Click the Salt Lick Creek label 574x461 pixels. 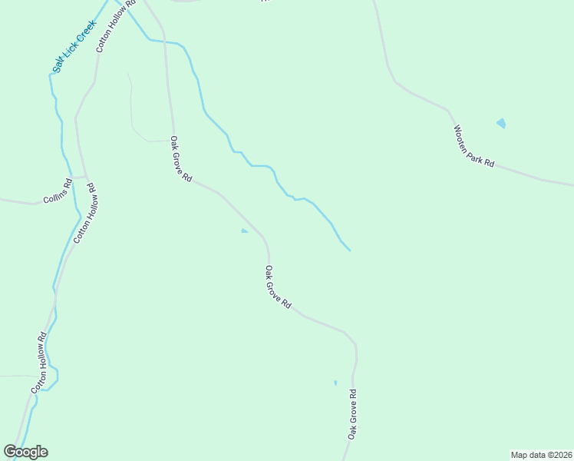point(74,47)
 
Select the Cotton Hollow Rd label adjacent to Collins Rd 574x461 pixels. point(84,213)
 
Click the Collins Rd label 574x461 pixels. point(58,190)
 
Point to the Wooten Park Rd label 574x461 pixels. point(473,147)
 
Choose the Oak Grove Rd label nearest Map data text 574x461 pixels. point(352,414)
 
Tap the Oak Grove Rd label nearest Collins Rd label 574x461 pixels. point(180,159)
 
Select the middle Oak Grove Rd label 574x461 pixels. point(278,287)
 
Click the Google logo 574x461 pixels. point(25,452)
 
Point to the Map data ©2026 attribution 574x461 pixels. point(541,455)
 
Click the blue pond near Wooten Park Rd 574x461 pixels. point(501,122)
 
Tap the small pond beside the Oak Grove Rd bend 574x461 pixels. point(244,230)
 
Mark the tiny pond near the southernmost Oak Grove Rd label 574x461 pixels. point(335,382)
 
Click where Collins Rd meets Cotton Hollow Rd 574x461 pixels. point(84,176)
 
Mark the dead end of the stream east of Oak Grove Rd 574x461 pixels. point(350,250)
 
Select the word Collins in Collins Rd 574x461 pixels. point(54,192)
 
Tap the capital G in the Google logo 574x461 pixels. point(10,451)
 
